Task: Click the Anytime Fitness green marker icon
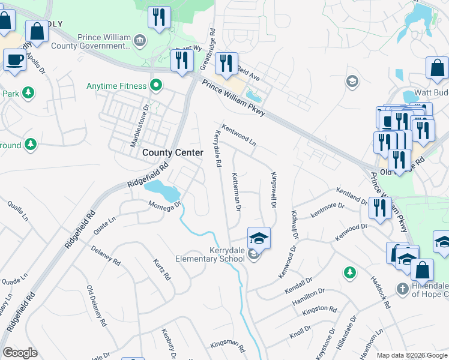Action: (156, 86)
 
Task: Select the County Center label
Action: (172, 153)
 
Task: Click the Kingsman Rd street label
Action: (228, 346)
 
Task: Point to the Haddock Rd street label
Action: (381, 292)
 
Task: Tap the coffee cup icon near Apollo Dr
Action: (14, 59)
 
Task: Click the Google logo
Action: (20, 353)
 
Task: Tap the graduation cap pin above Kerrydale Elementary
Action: (259, 238)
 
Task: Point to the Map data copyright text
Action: (411, 355)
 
